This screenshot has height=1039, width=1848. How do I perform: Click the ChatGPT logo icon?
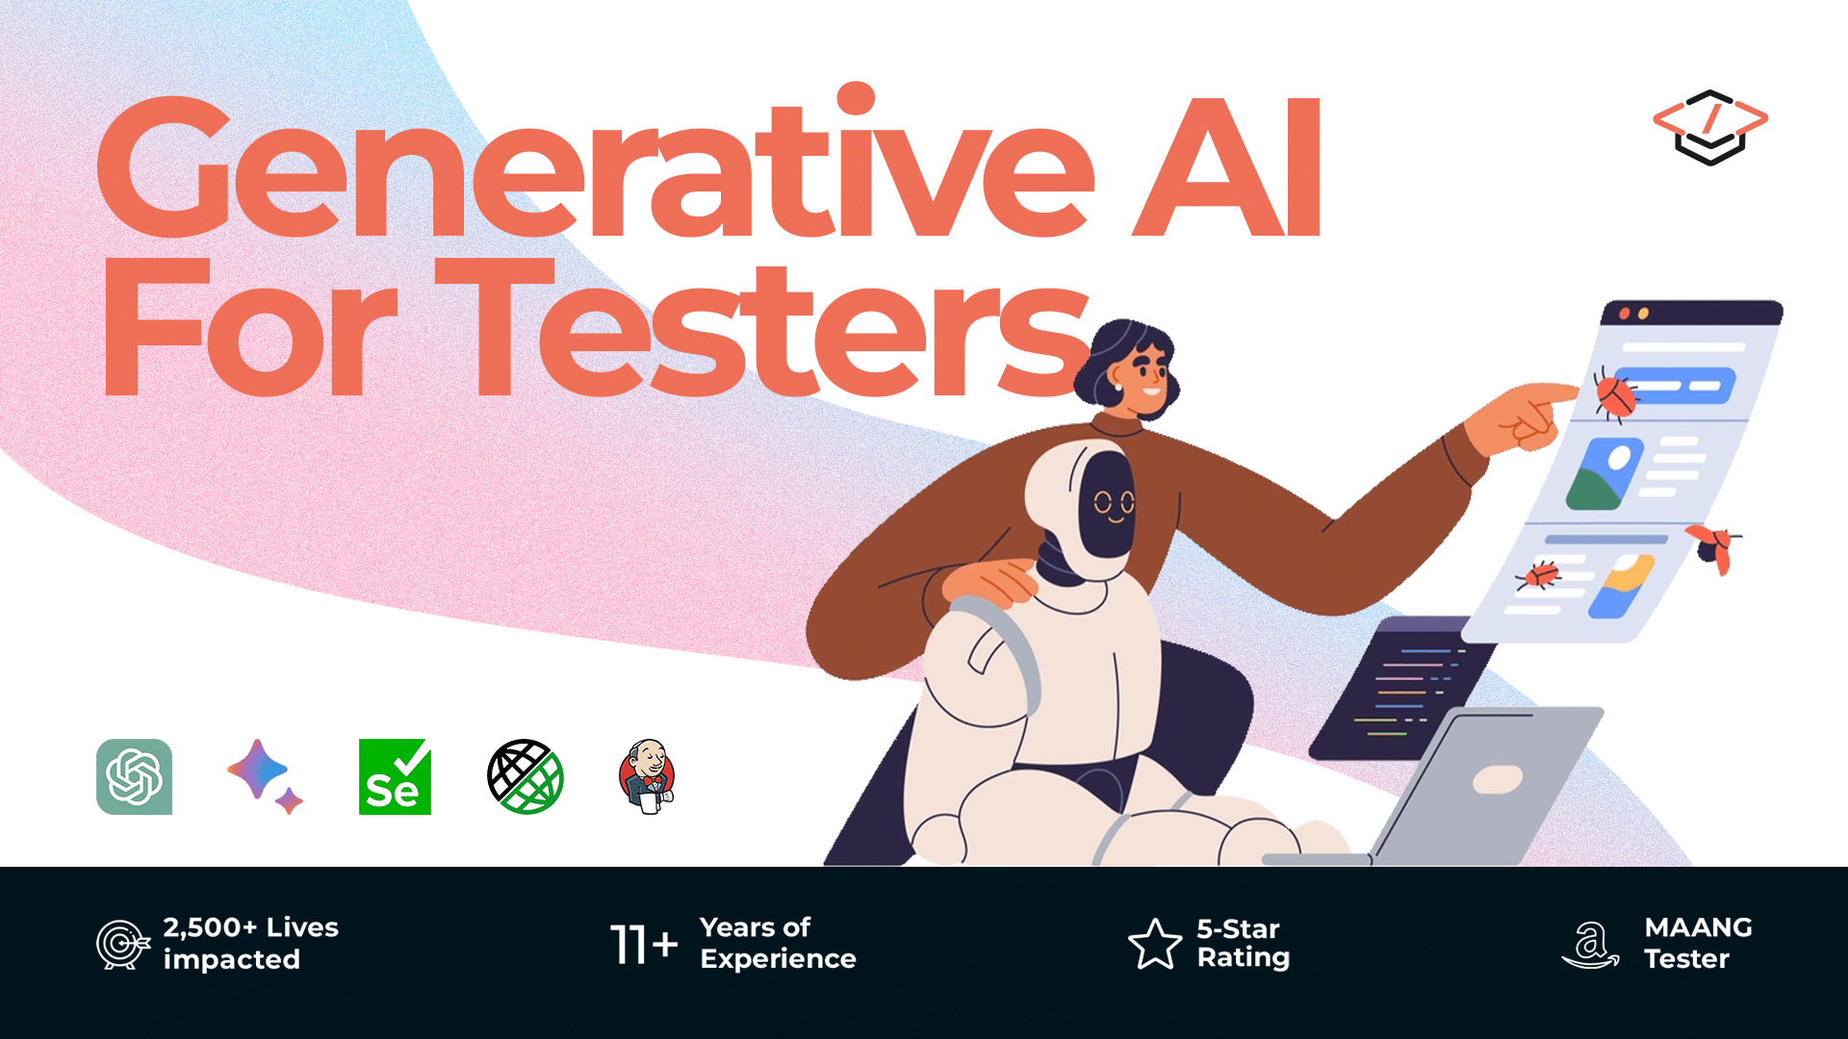135,776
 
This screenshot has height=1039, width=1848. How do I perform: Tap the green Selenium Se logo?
395,777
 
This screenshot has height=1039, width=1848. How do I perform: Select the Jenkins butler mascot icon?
647,776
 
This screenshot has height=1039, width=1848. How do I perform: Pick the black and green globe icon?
525,776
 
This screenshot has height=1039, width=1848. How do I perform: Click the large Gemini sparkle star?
257,769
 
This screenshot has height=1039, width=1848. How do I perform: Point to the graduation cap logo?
1710,127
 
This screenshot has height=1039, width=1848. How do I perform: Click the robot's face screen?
1112,504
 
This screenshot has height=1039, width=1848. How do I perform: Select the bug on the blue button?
1615,394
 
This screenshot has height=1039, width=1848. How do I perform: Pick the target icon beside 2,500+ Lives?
122,944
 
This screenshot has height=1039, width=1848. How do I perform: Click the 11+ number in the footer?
644,944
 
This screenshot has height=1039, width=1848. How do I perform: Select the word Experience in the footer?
778,959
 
